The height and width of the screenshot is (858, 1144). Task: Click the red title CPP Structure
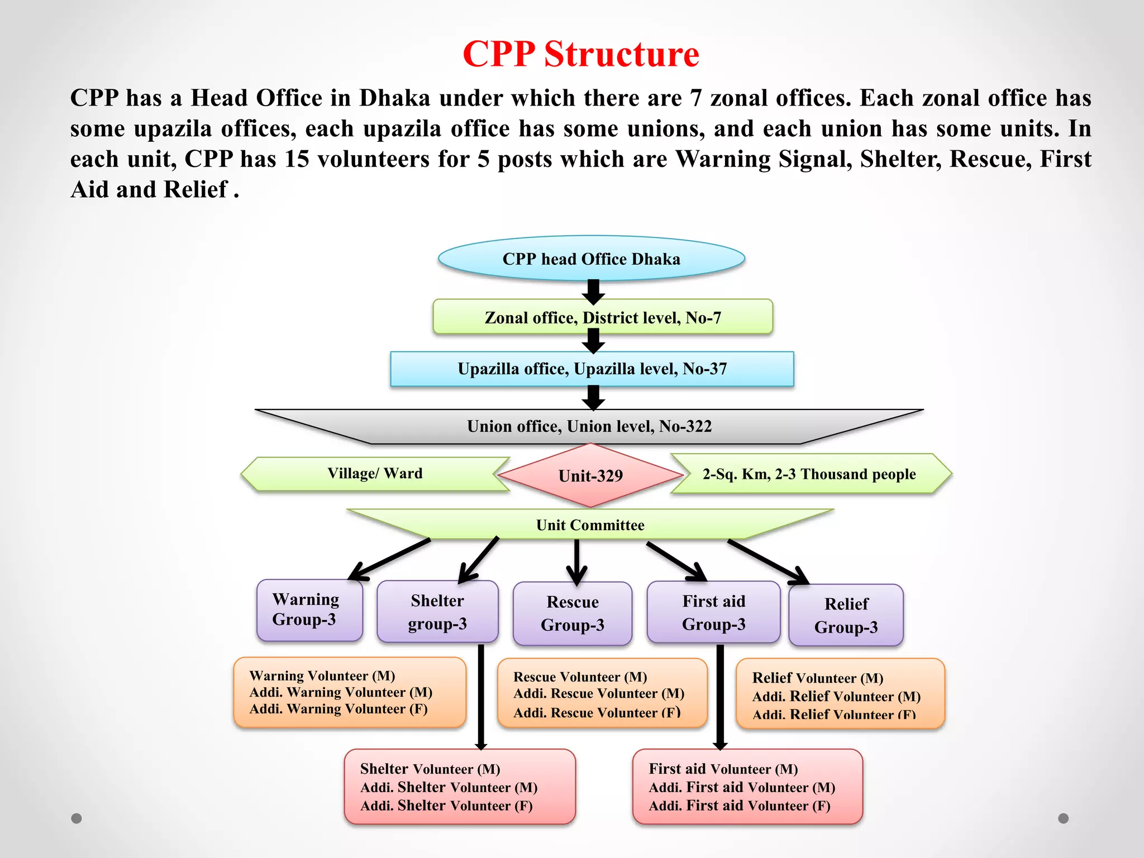coord(580,54)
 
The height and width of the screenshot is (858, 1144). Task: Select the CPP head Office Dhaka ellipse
coord(591,259)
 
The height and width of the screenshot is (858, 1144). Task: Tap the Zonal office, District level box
coord(602,317)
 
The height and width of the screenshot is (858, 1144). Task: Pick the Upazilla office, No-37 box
coord(592,369)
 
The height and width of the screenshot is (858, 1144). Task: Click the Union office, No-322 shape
coord(589,426)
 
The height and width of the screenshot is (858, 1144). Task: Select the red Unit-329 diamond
coord(590,476)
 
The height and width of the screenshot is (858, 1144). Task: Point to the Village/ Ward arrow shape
coord(374,474)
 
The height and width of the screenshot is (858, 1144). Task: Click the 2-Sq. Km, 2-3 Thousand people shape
coord(809,474)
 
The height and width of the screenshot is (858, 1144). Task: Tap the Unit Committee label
coord(590,525)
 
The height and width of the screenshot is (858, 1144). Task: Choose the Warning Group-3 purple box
coord(309,610)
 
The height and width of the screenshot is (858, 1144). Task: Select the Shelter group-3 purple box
coord(437,612)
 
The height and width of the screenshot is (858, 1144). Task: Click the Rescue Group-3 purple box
coord(572,613)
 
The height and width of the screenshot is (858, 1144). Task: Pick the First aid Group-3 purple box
coord(713,612)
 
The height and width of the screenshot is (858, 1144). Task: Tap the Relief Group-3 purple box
coord(846,615)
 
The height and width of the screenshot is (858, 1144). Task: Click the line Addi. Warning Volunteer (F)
coord(338,709)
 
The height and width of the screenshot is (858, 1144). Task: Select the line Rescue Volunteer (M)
coord(580,677)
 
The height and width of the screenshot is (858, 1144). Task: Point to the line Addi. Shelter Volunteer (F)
coord(446,805)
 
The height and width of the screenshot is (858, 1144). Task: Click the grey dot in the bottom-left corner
coord(77,818)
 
